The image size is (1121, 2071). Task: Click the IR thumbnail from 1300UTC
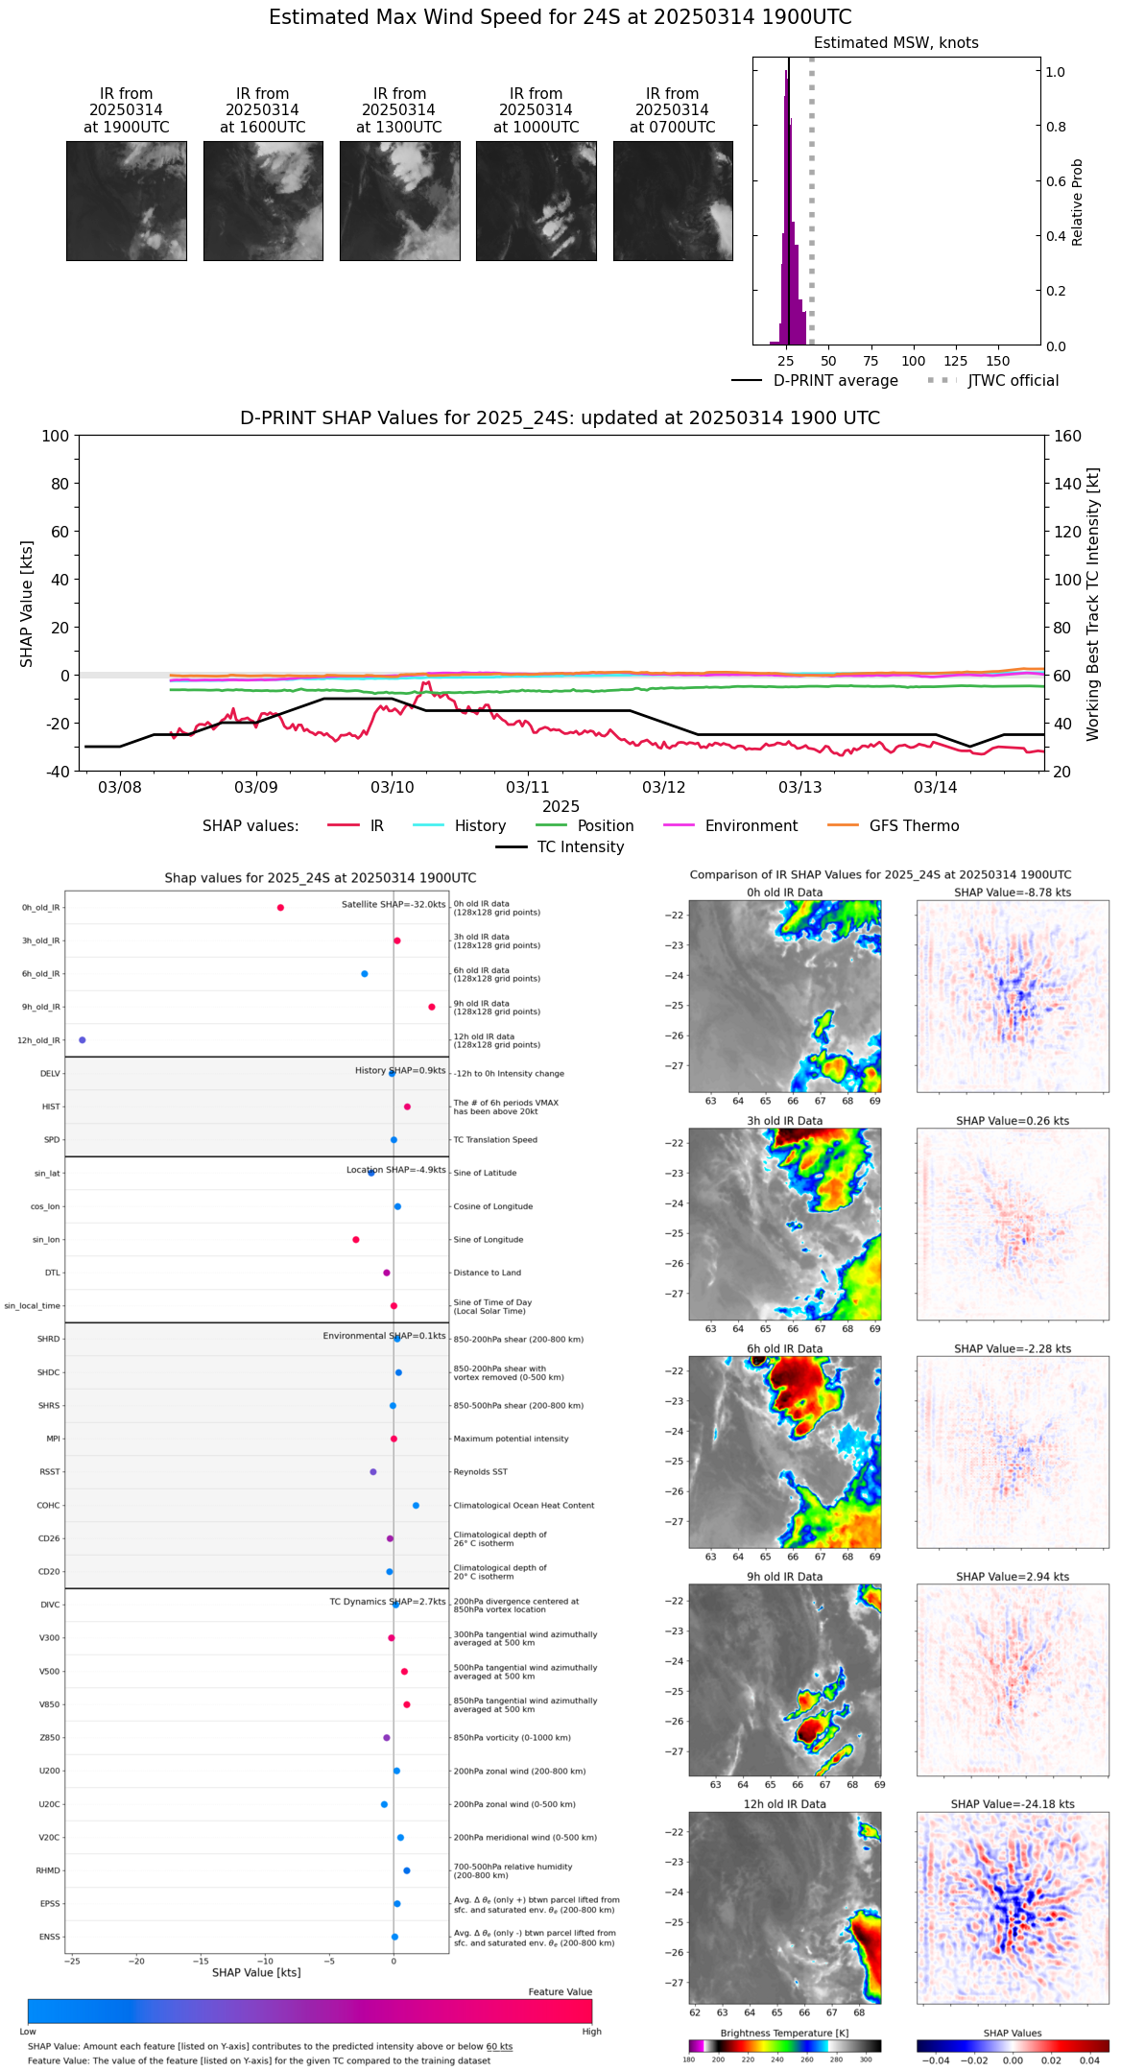[x=399, y=201]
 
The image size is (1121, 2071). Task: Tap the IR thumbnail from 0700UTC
[x=673, y=201]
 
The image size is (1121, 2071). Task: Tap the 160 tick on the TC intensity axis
[x=1067, y=437]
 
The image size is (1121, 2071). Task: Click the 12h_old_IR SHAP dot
[x=83, y=1040]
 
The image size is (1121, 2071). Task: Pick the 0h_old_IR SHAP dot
[x=280, y=908]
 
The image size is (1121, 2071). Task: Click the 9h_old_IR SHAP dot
[x=432, y=1007]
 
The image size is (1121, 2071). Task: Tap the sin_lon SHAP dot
[x=356, y=1240]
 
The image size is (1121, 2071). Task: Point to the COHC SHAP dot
[x=416, y=1506]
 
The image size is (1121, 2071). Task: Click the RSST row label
[x=50, y=1472]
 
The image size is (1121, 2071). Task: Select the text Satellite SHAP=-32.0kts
[x=394, y=905]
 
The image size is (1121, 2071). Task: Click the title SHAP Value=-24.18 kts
[x=1013, y=1804]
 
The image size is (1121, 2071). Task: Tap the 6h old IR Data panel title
[x=784, y=1348]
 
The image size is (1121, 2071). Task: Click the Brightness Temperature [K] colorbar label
[x=784, y=2033]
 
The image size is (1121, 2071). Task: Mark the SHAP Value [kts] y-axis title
[x=27, y=604]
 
